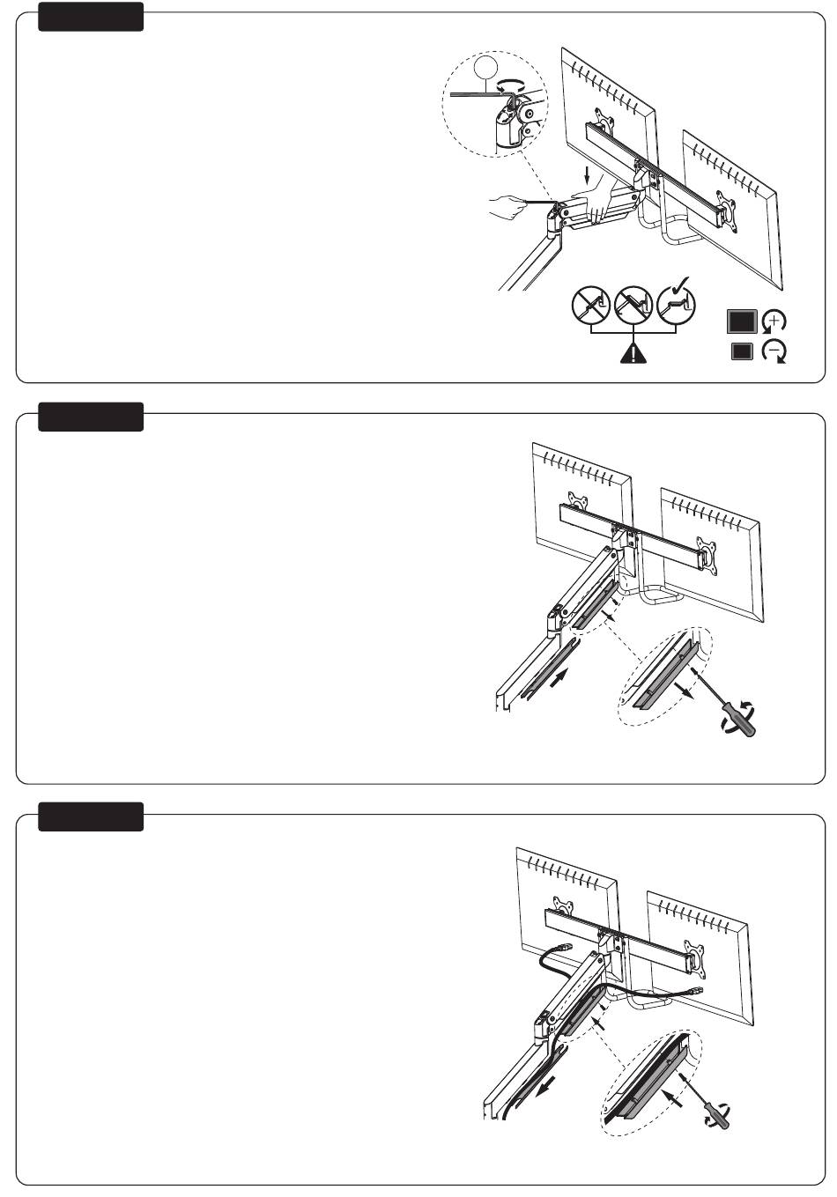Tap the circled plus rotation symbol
[x=774, y=322]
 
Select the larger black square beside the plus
[x=742, y=321]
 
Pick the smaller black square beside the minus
[x=742, y=351]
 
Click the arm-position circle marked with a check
[x=676, y=307]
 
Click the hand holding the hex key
[x=506, y=206]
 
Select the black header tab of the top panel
[x=91, y=17]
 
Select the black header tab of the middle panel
[x=91, y=417]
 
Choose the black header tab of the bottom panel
[x=91, y=816]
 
